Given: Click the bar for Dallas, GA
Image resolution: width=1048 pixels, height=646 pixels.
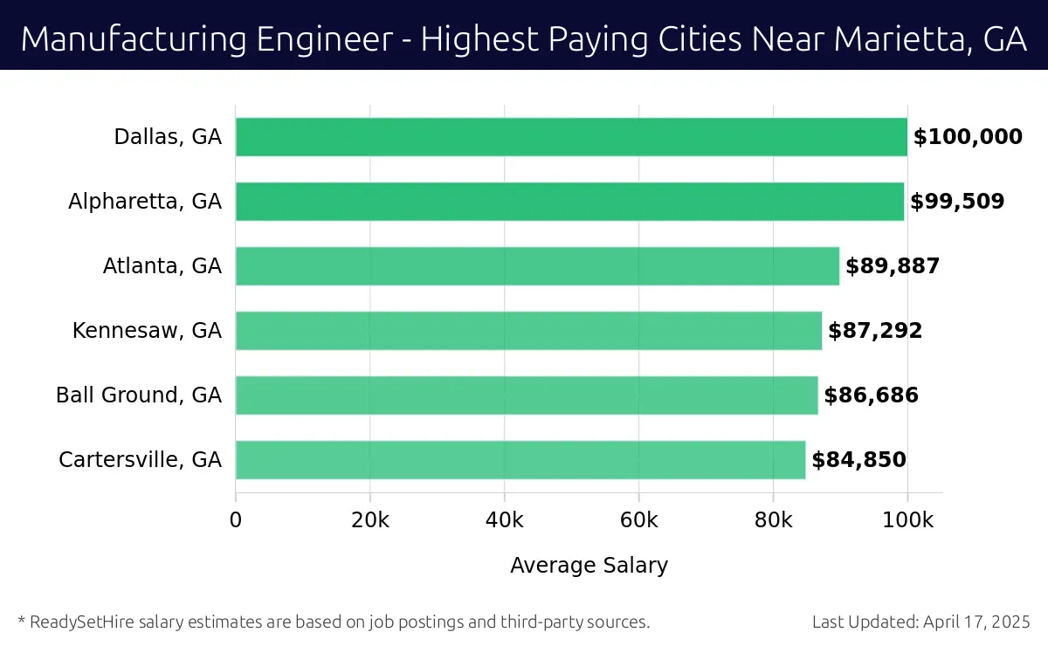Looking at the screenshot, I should (571, 137).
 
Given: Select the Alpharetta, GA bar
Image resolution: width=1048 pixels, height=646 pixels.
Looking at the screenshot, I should (569, 202).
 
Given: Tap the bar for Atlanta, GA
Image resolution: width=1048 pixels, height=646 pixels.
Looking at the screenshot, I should (537, 266).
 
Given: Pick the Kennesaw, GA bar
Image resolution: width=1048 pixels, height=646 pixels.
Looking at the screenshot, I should (528, 331).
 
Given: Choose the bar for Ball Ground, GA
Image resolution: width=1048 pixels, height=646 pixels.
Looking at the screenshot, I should (527, 395).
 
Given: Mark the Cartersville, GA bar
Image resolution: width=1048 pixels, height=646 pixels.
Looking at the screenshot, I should (521, 460).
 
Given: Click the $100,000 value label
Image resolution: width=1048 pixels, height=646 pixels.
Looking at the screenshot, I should (968, 137).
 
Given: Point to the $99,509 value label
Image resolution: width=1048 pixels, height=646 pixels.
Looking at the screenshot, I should (957, 202).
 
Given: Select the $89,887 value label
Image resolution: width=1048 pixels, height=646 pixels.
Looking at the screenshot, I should (893, 266).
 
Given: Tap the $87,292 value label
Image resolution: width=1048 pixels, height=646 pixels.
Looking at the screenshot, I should (875, 331).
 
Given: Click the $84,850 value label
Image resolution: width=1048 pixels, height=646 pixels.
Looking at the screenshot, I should (858, 460).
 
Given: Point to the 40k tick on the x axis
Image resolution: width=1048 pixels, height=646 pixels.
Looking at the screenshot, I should (504, 521).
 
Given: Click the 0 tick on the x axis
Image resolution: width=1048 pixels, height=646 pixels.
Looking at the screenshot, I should (236, 521).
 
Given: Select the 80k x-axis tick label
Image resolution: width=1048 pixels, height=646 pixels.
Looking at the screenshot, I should (773, 521).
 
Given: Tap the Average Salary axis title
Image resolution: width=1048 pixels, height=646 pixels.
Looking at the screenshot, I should (589, 566).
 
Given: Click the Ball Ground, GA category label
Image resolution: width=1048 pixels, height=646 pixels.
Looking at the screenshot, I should (139, 395).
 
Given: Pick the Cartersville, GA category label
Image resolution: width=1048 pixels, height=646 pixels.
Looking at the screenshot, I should (140, 460).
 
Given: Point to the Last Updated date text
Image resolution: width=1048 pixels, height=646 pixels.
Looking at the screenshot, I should (921, 622).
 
